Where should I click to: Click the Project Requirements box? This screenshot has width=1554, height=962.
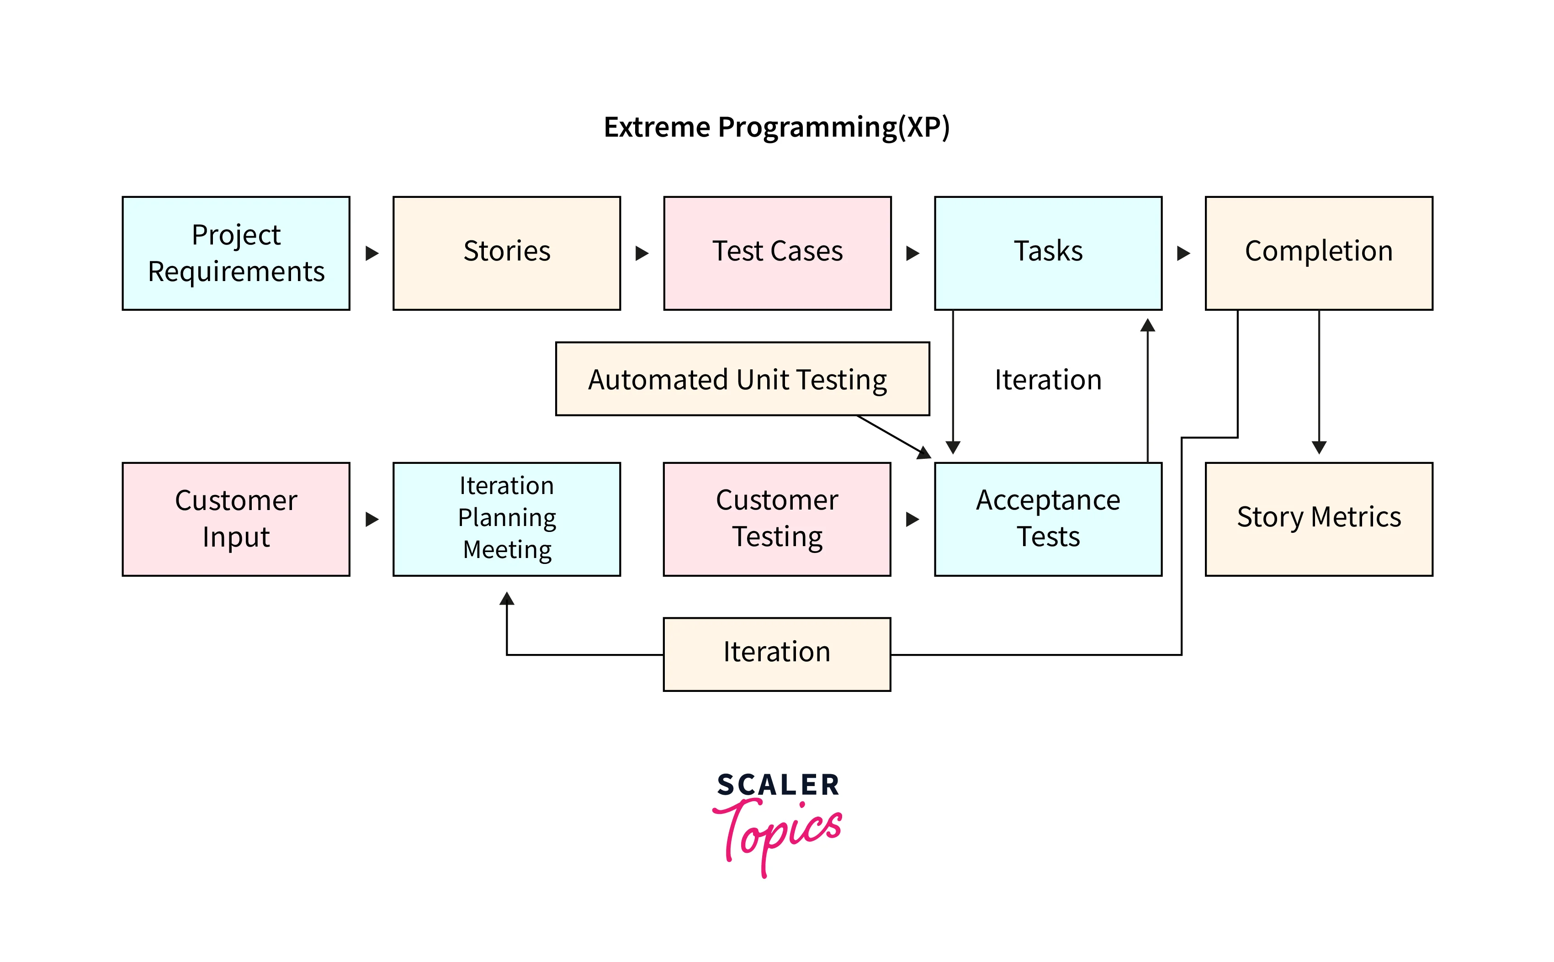click(x=236, y=253)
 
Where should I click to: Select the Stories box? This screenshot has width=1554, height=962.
click(x=506, y=253)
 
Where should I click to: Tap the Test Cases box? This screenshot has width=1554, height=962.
click(x=777, y=253)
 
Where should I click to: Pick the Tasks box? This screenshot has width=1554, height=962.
click(x=1048, y=253)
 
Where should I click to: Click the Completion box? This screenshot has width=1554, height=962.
click(x=1319, y=253)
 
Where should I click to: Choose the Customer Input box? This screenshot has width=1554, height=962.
click(x=236, y=519)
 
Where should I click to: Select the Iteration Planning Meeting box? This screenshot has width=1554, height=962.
click(x=506, y=519)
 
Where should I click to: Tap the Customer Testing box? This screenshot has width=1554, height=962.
click(x=777, y=519)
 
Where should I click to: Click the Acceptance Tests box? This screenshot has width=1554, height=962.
click(x=1048, y=519)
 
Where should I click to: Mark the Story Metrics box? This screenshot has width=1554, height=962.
click(x=1319, y=519)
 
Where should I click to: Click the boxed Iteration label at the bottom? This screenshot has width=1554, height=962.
click(x=777, y=654)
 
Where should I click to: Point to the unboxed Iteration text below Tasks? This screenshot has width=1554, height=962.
click(x=1048, y=380)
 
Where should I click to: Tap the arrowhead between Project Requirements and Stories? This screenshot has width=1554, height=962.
click(x=372, y=253)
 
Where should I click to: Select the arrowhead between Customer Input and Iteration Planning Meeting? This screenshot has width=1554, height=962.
click(x=372, y=519)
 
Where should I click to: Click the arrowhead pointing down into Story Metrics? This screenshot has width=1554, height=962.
click(x=1319, y=447)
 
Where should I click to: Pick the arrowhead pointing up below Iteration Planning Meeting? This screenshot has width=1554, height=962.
click(x=506, y=598)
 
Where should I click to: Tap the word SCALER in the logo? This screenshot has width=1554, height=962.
click(x=777, y=785)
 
